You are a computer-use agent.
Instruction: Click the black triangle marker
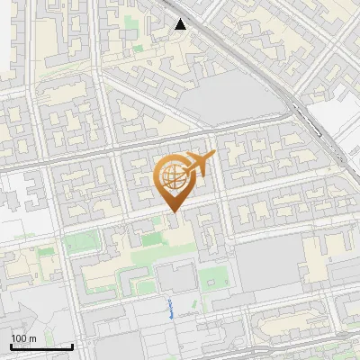181,24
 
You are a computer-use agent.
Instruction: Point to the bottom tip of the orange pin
173,211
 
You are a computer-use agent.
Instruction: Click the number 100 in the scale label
19,338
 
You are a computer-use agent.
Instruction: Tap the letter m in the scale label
32,338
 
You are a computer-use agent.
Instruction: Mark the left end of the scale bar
11,346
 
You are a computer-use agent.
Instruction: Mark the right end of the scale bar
73,346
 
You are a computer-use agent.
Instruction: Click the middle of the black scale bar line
41,346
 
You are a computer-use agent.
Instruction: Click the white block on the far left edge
11,207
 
